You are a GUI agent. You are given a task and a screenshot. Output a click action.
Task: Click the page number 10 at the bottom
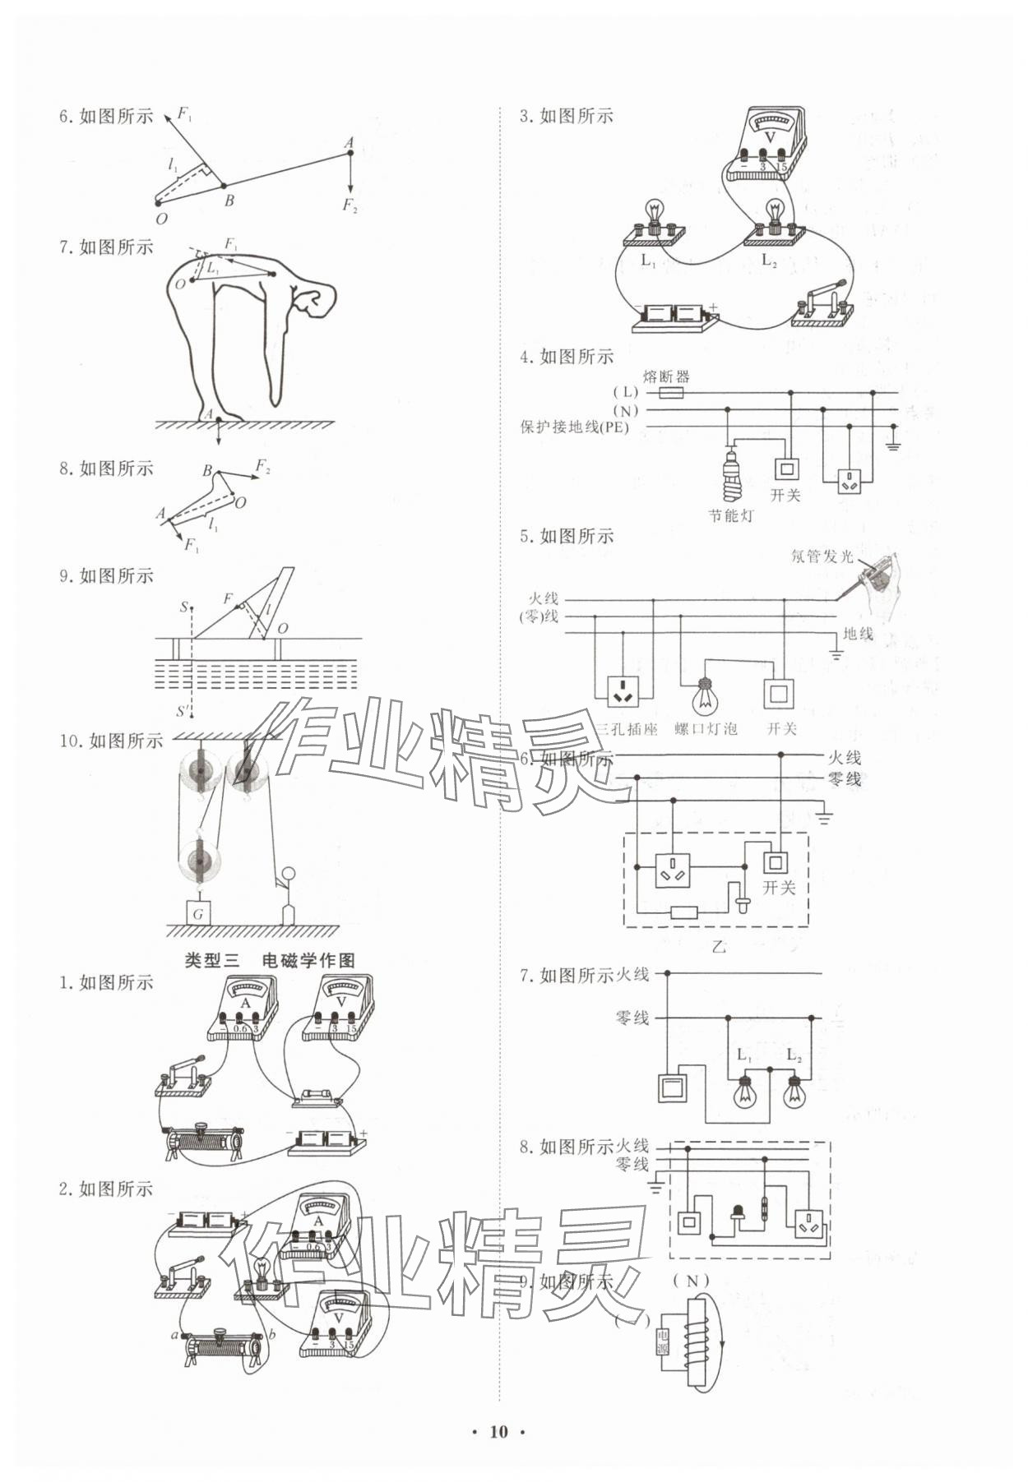click(498, 1431)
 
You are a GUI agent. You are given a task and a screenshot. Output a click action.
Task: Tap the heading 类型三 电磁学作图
click(270, 960)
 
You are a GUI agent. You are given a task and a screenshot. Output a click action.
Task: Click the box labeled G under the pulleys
click(197, 913)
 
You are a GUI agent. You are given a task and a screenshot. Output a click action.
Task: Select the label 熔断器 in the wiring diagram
click(666, 376)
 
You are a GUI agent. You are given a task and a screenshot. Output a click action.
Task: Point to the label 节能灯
click(730, 515)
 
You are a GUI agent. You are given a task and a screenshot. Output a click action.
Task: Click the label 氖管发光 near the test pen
click(822, 556)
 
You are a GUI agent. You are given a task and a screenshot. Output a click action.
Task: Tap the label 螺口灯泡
click(706, 728)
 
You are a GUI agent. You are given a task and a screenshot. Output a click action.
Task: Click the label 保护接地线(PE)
click(574, 427)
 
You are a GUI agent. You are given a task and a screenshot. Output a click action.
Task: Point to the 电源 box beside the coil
click(663, 1342)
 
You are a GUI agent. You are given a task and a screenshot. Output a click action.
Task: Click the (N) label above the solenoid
click(691, 1281)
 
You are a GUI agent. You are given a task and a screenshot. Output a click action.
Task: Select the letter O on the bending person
click(179, 284)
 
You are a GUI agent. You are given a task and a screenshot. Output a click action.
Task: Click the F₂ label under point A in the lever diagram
click(350, 205)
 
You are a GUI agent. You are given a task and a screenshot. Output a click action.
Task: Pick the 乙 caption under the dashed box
click(719, 946)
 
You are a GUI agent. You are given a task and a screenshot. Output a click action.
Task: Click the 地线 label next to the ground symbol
click(858, 633)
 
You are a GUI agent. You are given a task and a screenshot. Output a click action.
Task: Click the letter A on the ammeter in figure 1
click(244, 1003)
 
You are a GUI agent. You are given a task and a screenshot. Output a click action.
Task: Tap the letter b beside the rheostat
click(272, 1334)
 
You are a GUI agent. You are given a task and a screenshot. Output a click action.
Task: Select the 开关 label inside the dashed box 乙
click(779, 888)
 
